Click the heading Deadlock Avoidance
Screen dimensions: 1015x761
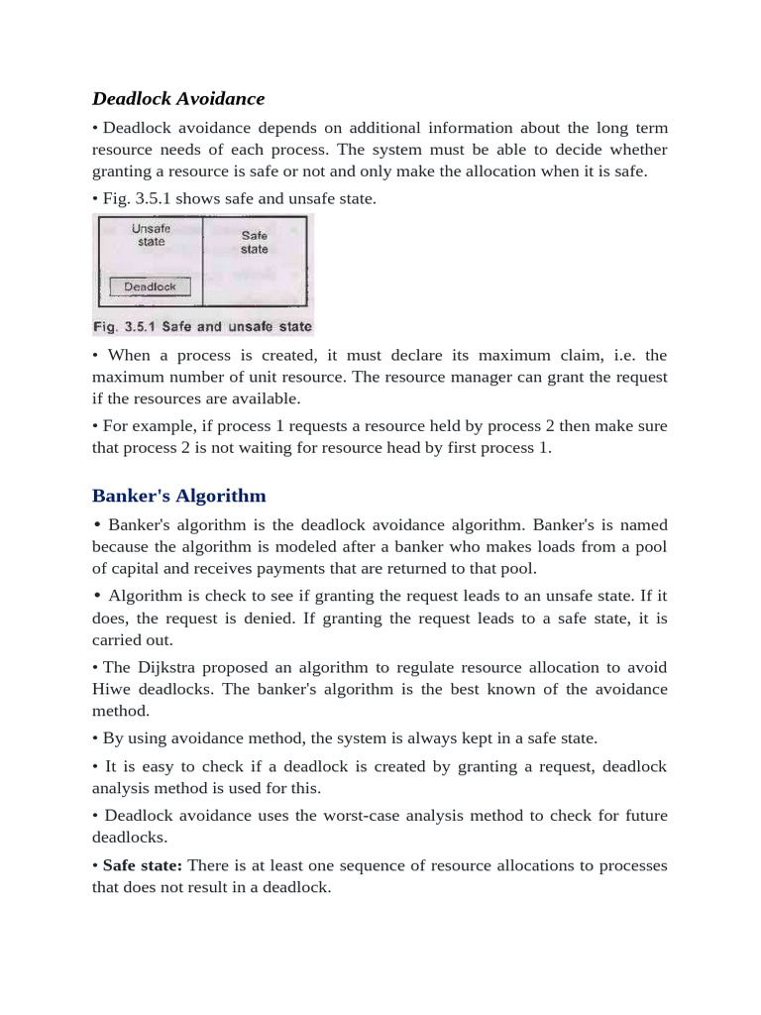coord(178,98)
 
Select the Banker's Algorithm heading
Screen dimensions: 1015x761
coord(178,495)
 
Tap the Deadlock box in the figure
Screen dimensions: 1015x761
coord(150,286)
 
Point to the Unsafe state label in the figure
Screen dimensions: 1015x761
coord(151,235)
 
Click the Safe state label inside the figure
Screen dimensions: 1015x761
coord(255,243)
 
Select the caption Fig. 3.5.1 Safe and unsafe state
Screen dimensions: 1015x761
coord(202,326)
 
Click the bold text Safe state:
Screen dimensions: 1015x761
coord(142,865)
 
